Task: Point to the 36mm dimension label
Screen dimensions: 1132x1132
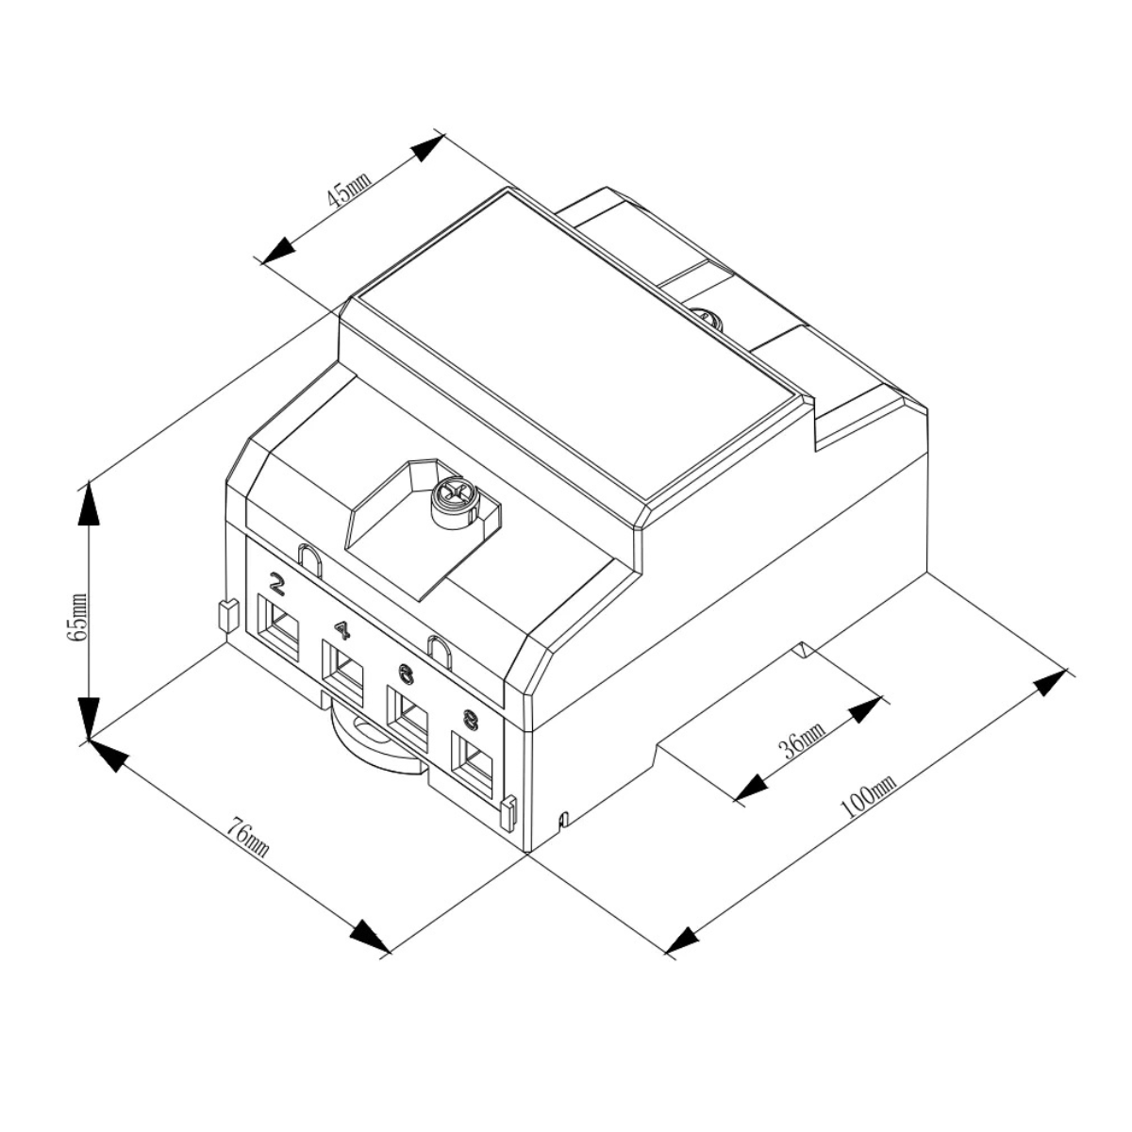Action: (803, 741)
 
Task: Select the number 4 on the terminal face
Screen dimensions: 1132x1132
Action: (341, 631)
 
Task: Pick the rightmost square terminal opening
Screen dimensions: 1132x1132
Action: (472, 765)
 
